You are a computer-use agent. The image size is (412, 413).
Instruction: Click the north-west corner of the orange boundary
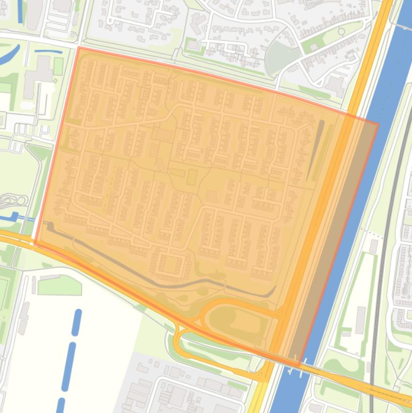(x=79, y=48)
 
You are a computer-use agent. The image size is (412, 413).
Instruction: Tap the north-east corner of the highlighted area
(x=378, y=124)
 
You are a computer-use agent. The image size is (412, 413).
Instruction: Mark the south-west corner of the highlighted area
(x=35, y=244)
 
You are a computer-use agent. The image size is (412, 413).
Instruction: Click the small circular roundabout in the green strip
(x=342, y=32)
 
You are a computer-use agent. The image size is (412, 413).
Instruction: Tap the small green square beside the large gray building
(x=58, y=67)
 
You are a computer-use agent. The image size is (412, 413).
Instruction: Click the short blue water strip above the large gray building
(x=48, y=52)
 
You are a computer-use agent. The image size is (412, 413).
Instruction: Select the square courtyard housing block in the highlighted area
(x=171, y=264)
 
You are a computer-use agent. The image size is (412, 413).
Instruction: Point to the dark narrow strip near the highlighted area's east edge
(x=316, y=150)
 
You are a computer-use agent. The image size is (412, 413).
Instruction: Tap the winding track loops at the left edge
(x=13, y=202)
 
